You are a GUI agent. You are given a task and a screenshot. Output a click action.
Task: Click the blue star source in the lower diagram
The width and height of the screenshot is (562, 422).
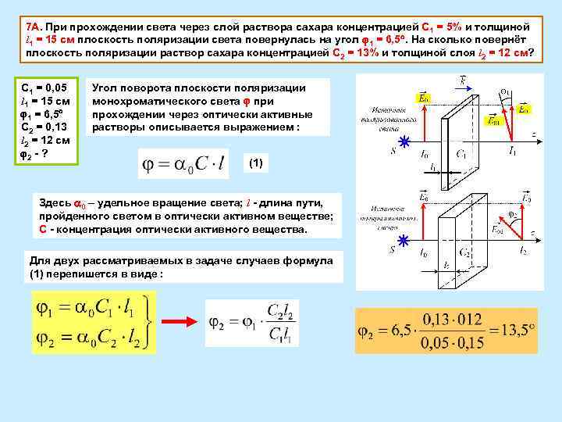[x=404, y=240]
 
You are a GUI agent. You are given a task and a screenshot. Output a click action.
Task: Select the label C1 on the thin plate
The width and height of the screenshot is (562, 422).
[x=463, y=155]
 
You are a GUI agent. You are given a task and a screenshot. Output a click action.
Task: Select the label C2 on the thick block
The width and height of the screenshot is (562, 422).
[x=465, y=252]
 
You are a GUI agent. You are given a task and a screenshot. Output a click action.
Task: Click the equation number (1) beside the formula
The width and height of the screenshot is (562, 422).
[x=256, y=163]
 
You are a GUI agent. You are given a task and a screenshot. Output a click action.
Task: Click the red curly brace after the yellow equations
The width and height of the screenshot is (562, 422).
[x=149, y=321]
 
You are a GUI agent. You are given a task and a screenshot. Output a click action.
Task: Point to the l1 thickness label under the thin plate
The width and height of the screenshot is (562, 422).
[x=434, y=166]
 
